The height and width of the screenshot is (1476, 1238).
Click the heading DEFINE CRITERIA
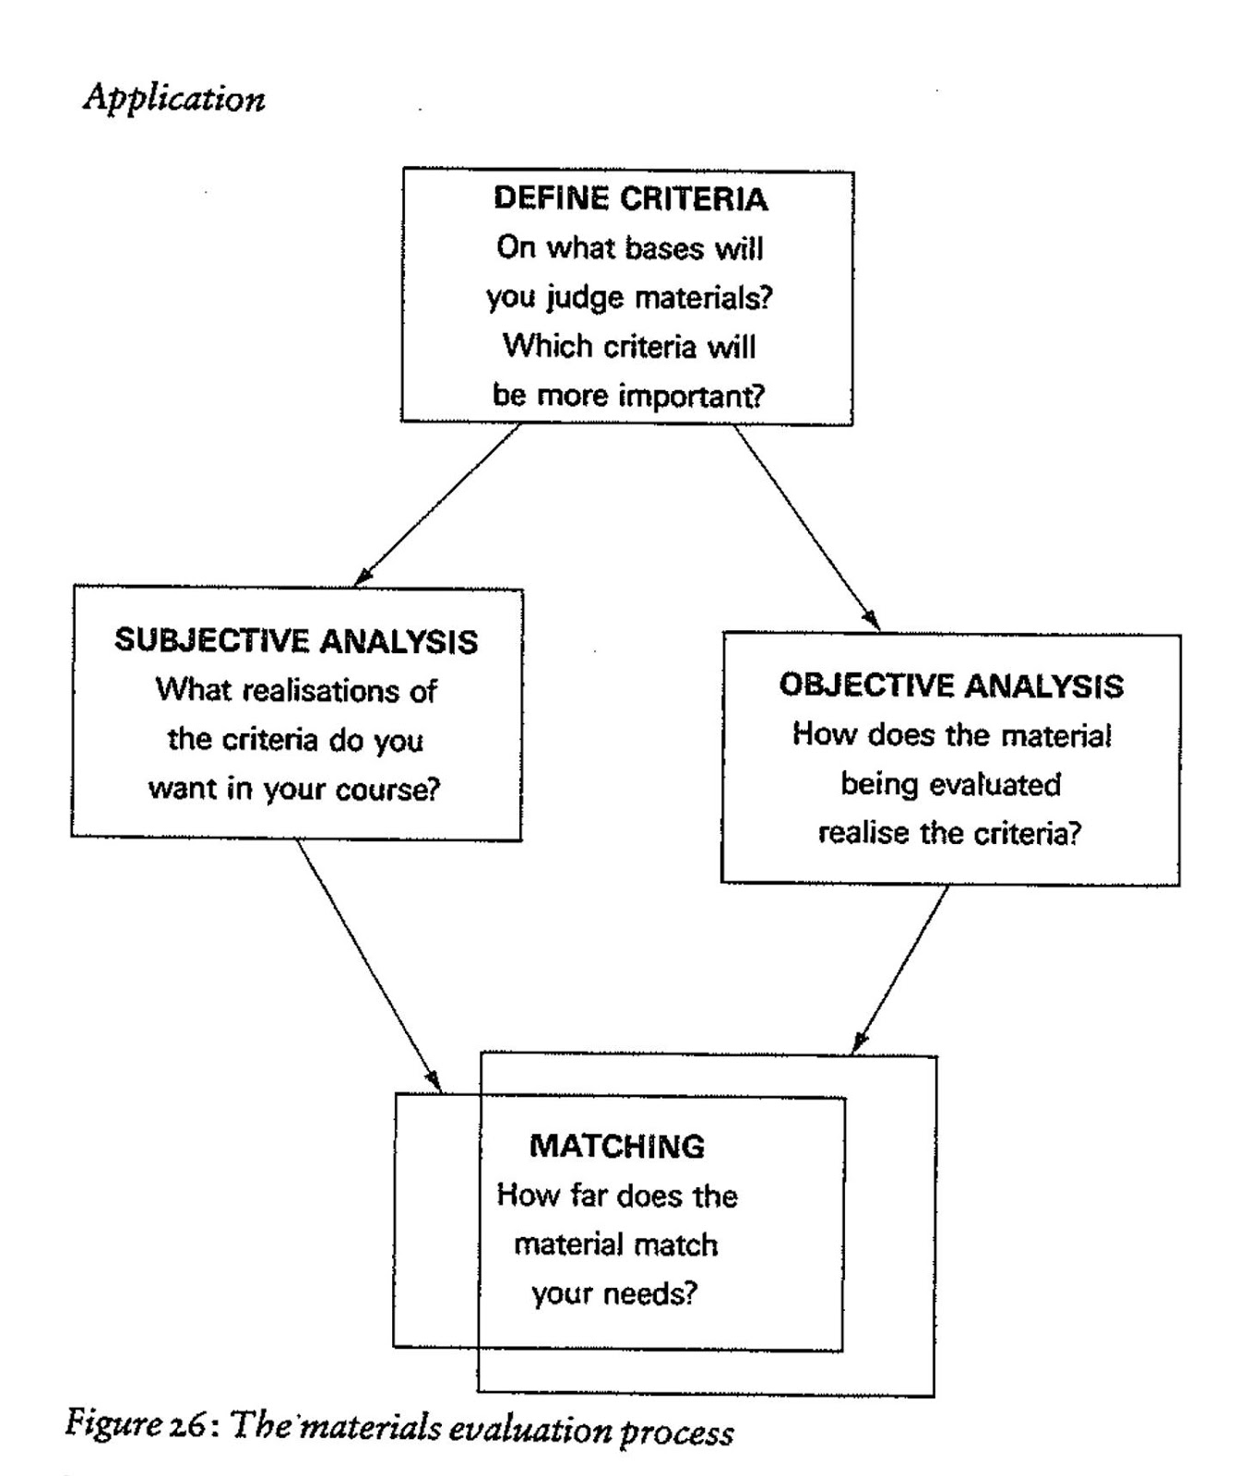(630, 199)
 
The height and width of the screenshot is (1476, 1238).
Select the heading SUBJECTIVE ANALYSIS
(296, 641)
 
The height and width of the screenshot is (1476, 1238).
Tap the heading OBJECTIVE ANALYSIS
(951, 685)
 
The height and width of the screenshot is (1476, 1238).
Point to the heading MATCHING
(616, 1147)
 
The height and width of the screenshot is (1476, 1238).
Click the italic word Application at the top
(174, 99)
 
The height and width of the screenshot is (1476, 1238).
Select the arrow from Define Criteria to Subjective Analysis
(437, 505)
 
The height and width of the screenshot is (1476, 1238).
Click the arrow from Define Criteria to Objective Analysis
(805, 526)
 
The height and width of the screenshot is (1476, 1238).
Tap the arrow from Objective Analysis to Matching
(900, 969)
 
